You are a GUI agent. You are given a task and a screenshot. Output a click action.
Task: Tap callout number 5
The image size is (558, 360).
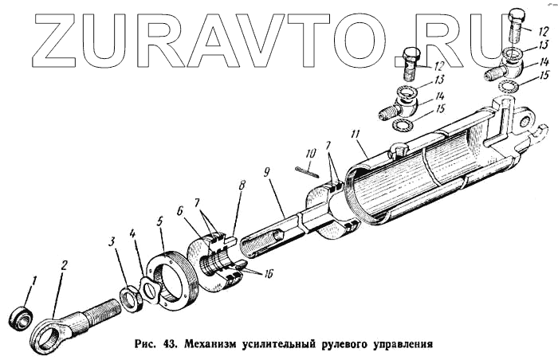(159, 217)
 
